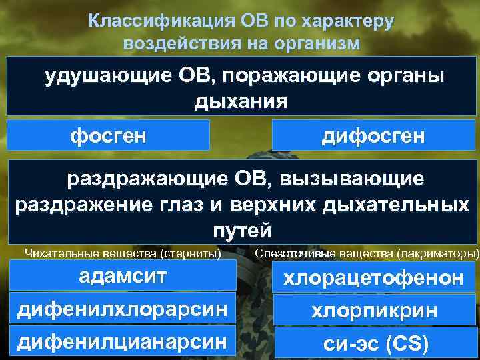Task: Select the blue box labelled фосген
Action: tap(109, 135)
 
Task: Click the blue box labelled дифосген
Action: tap(373, 136)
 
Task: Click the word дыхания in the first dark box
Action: tap(241, 101)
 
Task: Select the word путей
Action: tap(241, 231)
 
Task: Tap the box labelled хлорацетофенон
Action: tap(374, 279)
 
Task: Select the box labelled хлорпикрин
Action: tap(374, 311)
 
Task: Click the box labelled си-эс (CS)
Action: tap(374, 344)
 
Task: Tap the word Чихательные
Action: tap(55, 253)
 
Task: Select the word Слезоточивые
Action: tap(287, 254)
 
